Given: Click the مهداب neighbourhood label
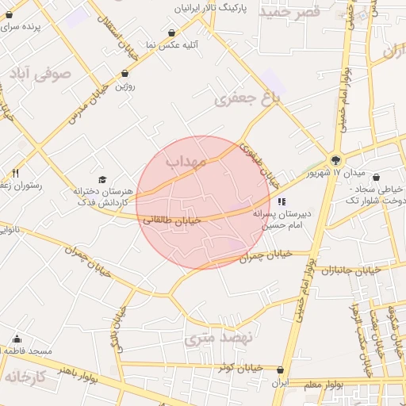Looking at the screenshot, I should (x=186, y=161).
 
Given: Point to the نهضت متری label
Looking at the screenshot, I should (x=218, y=337).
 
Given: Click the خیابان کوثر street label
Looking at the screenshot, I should (x=240, y=367).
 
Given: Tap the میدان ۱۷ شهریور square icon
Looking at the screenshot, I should (x=336, y=159).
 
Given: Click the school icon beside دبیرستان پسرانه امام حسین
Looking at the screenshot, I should (x=282, y=201).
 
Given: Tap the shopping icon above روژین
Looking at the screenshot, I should (x=125, y=74).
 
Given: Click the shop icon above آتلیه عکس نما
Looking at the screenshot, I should (x=173, y=33).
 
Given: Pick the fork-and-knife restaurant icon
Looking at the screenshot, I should (x=15, y=174).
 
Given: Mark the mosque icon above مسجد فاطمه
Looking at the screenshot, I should (x=17, y=339).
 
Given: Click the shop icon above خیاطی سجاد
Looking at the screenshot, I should (x=376, y=178).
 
